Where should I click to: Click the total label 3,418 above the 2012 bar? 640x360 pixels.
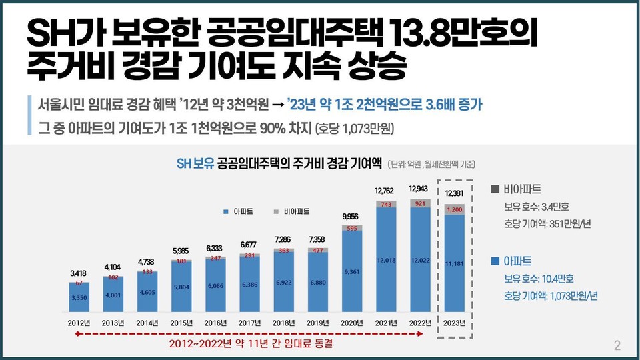[78, 273]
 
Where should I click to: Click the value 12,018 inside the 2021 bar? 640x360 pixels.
[387, 261]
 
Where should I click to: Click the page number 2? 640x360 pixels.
[617, 345]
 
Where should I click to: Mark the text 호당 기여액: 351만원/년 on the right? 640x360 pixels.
[547, 223]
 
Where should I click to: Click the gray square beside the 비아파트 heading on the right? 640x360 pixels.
[494, 189]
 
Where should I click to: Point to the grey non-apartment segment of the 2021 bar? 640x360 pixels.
[387, 204]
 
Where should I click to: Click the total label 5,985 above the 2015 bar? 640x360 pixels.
[180, 251]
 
